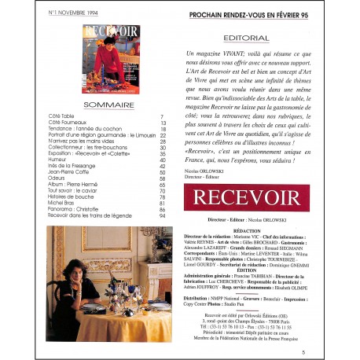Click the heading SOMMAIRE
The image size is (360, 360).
109,105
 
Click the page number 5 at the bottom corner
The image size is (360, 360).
303,351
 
